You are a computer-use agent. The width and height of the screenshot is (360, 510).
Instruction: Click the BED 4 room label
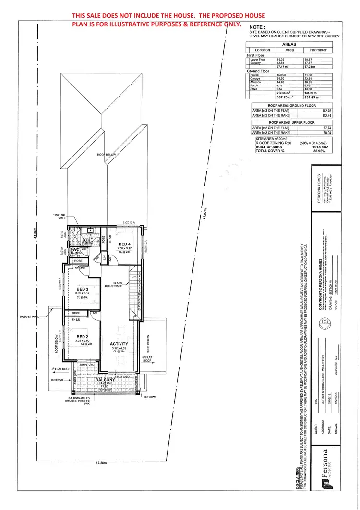(125, 244)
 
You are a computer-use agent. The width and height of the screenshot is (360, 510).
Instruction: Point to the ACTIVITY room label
(119, 344)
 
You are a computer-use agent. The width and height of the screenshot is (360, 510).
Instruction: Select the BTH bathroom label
(86, 240)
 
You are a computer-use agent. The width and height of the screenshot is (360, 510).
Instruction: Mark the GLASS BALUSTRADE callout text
(120, 285)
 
